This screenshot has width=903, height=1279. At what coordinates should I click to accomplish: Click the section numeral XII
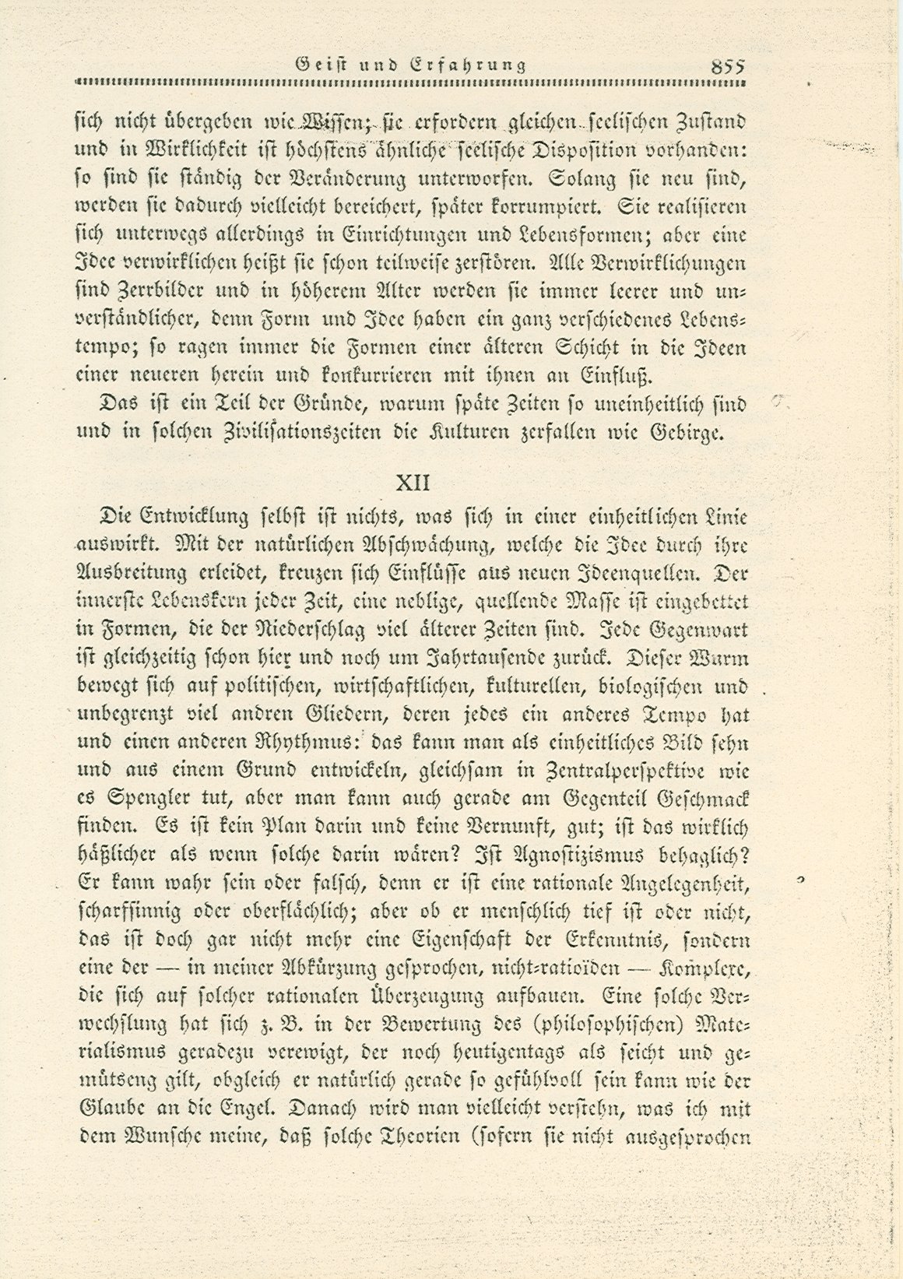pos(413,483)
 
